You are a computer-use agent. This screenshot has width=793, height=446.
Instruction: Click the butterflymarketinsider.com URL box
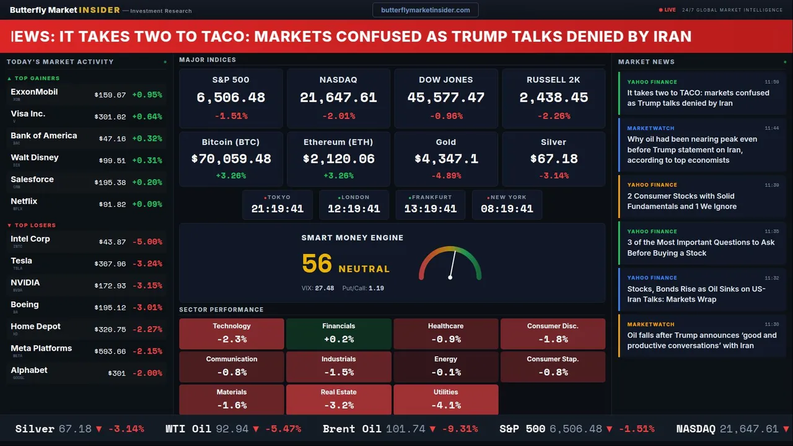(425, 10)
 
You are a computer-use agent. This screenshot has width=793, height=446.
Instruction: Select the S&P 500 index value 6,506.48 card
(230, 98)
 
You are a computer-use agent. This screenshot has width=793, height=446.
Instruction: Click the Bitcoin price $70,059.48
(231, 159)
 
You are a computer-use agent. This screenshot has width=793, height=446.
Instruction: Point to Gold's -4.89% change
(446, 175)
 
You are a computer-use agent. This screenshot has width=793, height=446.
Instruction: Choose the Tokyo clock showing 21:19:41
(278, 209)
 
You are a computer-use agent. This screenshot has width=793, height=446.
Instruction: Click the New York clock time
(507, 209)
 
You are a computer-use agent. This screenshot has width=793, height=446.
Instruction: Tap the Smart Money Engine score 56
(317, 264)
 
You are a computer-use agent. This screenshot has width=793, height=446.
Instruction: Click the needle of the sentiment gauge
(452, 263)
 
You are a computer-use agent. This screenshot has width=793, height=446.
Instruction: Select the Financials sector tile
(338, 333)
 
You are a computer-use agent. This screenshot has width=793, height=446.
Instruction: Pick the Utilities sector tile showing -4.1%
(445, 400)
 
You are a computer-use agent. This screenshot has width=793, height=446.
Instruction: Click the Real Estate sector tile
(338, 400)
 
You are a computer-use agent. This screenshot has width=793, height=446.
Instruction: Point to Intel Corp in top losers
(30, 239)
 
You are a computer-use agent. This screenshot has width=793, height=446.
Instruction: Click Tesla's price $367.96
(110, 264)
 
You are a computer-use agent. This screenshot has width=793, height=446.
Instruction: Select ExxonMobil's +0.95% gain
(147, 95)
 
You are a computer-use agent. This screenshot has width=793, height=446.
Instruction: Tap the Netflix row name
(24, 201)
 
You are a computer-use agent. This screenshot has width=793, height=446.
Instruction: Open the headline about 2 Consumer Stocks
(681, 201)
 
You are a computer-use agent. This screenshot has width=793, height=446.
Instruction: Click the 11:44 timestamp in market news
(771, 128)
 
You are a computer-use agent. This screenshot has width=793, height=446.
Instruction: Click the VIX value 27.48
(324, 288)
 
